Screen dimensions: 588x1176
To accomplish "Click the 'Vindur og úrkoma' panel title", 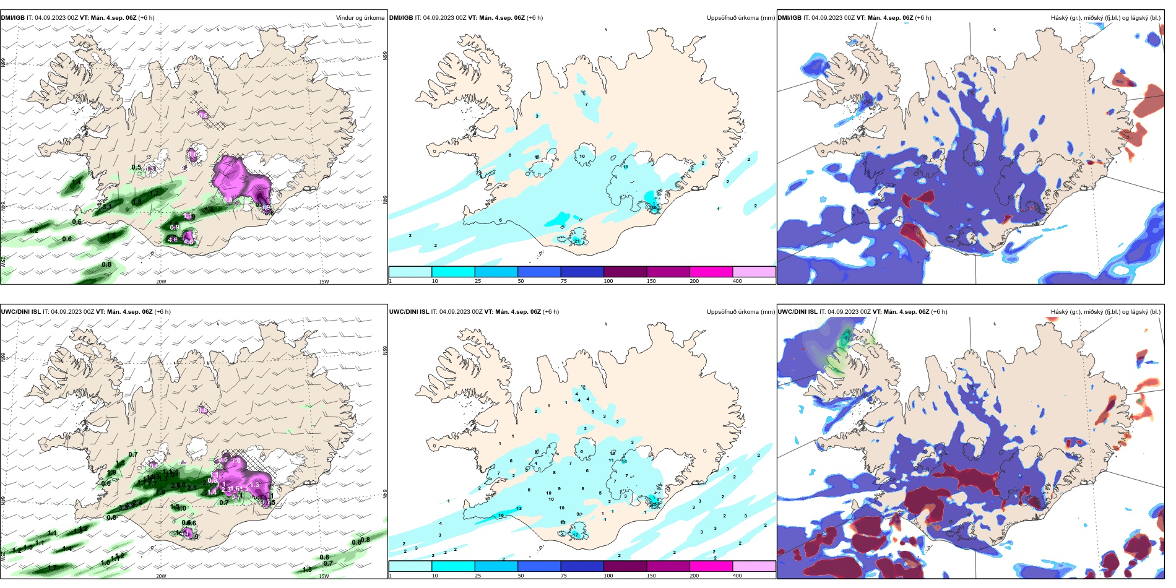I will pyautogui.click(x=360, y=18).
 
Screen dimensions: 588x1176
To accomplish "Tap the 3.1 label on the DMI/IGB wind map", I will pyautogui.click(x=106, y=207).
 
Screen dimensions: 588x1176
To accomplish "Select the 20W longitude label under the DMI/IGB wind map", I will pyautogui.click(x=161, y=282).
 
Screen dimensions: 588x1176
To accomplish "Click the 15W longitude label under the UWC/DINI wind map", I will pyautogui.click(x=323, y=576).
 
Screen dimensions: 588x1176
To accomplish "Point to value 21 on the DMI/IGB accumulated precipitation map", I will pyautogui.click(x=577, y=241).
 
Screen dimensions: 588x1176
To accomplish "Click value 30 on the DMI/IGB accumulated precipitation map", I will pyautogui.click(x=653, y=208).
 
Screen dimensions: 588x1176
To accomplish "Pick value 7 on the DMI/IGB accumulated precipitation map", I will pyautogui.click(x=586, y=105).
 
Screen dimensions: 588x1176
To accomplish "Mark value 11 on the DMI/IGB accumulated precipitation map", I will pyautogui.click(x=625, y=167).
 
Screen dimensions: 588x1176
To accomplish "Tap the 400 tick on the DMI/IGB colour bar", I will pyautogui.click(x=737, y=281).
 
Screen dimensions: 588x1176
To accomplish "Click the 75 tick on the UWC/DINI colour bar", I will pyautogui.click(x=564, y=576).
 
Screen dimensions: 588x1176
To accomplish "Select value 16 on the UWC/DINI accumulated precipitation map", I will pyautogui.click(x=501, y=516).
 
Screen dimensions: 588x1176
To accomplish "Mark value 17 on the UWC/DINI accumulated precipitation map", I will pyautogui.click(x=575, y=535).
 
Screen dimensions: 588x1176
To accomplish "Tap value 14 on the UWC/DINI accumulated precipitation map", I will pyautogui.click(x=624, y=461).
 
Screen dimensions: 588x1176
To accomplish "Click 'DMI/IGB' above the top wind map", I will pyautogui.click(x=13, y=18).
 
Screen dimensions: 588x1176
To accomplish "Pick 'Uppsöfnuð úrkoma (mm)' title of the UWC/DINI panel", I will pyautogui.click(x=740, y=312).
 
